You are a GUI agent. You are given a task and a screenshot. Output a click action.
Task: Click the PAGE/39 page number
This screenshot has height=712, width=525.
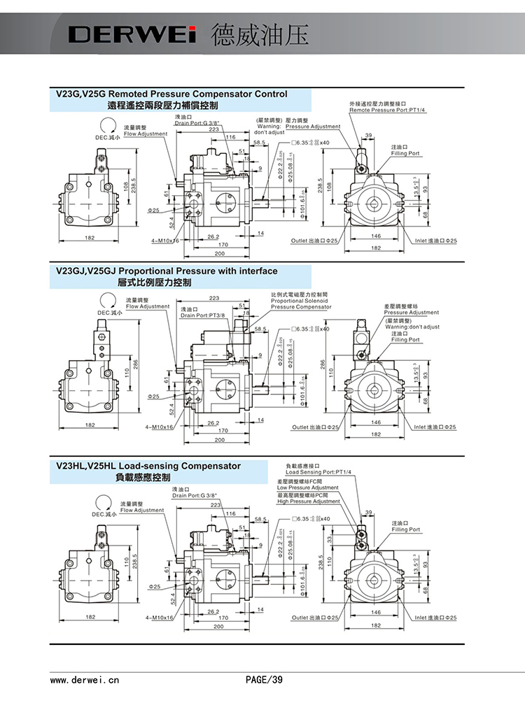(x=263, y=678)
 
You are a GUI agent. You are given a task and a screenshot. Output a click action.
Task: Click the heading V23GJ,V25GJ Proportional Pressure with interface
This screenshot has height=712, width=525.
(x=167, y=271)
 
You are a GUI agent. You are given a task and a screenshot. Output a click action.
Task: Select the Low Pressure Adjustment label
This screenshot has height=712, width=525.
(x=308, y=487)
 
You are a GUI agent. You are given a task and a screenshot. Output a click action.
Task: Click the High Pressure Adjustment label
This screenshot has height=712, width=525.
(x=309, y=501)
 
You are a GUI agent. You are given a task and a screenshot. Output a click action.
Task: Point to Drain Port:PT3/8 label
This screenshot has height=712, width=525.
(x=202, y=315)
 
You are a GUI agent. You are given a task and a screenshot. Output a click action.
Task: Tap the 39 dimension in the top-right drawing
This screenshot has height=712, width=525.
(x=369, y=134)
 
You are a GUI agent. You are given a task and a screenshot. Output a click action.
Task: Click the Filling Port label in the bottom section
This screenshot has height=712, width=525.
(x=405, y=529)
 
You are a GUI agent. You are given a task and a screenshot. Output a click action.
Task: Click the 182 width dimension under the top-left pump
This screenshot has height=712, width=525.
(x=90, y=238)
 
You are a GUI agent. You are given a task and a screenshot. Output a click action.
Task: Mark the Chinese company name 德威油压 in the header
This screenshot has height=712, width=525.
(x=259, y=34)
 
